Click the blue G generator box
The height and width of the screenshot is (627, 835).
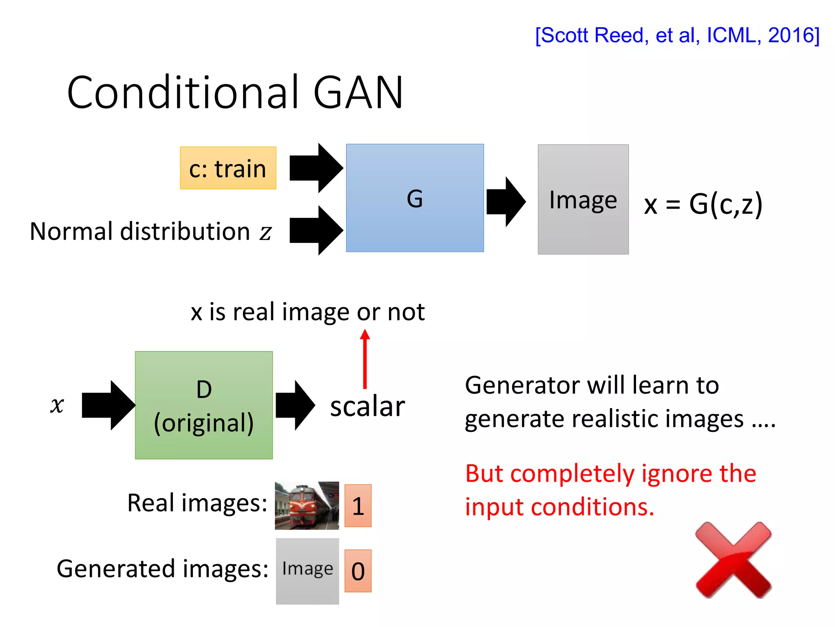pos(415,198)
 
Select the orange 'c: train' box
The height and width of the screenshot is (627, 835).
pos(228,168)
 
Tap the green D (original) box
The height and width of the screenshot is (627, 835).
pos(204,405)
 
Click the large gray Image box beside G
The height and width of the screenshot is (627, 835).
pos(583,200)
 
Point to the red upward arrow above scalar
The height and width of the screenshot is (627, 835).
pos(365,359)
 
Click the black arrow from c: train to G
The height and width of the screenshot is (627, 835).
pos(316,168)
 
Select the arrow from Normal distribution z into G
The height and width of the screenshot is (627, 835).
pos(316,231)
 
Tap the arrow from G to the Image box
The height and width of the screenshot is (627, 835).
pos(506,202)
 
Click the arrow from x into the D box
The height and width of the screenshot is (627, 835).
pos(108,405)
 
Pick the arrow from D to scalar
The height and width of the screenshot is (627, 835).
pos(295,405)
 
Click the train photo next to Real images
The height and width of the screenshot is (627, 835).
pos(307,505)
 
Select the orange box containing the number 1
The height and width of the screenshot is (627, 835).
pos(358,506)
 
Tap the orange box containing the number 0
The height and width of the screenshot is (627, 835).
pos(358,571)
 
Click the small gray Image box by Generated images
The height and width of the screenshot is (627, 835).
pos(307,571)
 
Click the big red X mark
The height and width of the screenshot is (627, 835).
pos(733,560)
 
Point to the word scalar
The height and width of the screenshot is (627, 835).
pos(367,407)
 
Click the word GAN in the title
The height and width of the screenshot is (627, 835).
pos(358,93)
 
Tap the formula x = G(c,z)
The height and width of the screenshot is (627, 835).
pos(703,204)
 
